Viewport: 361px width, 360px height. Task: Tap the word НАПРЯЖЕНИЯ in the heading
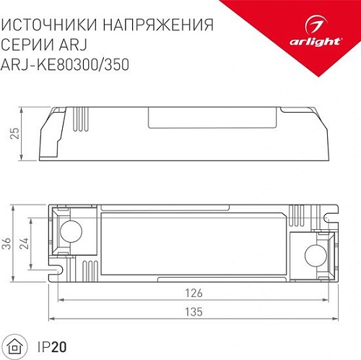pyautogui.click(x=157, y=24)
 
